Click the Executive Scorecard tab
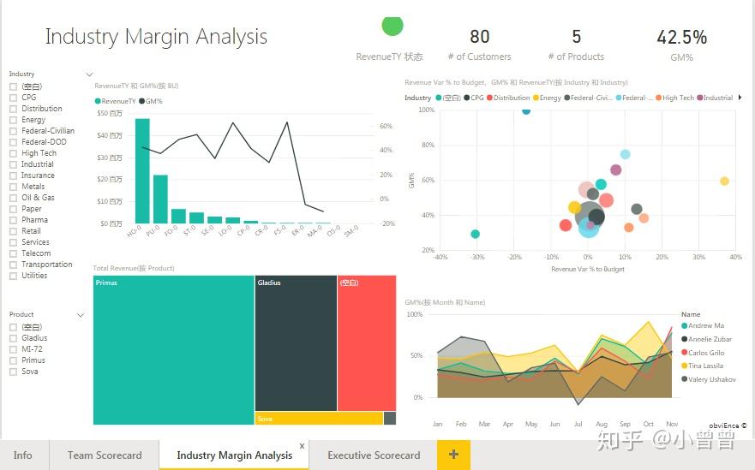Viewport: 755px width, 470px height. pos(374,455)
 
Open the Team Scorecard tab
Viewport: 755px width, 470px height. pos(105,455)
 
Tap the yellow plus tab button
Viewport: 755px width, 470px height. pos(453,455)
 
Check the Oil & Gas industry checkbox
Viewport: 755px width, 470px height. pos(13,198)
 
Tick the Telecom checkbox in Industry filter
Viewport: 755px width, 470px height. pos(13,253)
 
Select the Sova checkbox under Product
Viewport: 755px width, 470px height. pos(13,372)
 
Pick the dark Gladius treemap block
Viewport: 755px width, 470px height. pos(295,342)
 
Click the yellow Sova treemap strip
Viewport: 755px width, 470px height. pos(318,419)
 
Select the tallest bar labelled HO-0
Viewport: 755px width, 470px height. pos(142,171)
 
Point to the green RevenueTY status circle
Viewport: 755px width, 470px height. pos(392,27)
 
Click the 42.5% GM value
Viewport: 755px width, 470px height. pos(682,38)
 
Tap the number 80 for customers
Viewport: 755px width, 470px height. pos(480,37)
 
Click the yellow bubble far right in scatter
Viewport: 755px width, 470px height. pos(724,181)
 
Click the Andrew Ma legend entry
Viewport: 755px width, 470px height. pos(706,325)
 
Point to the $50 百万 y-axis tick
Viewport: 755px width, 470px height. pos(110,113)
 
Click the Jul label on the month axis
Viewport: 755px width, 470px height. pos(578,424)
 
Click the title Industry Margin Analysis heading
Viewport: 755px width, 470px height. pos(156,38)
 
